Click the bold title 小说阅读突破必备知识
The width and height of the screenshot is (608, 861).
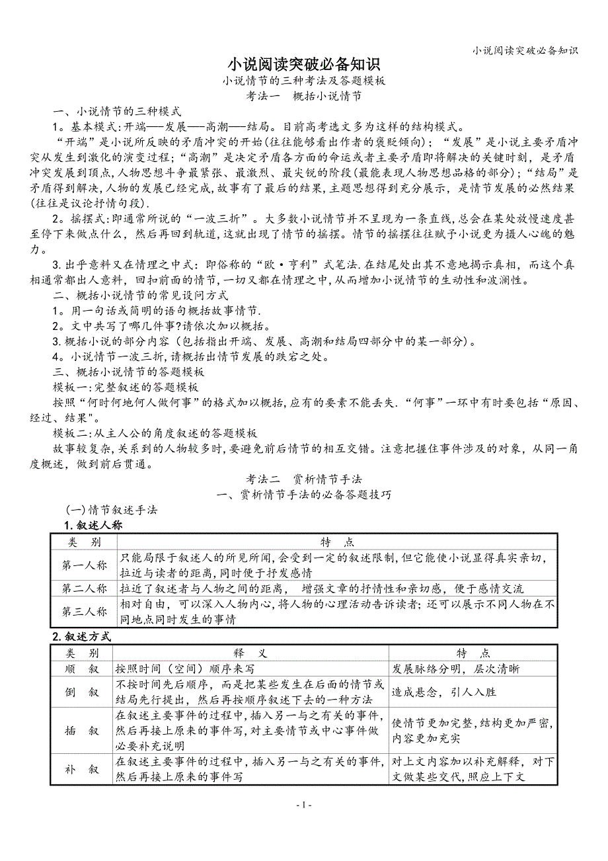point(304,65)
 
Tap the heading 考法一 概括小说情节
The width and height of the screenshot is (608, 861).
point(304,96)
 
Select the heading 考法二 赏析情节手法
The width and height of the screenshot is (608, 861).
point(304,479)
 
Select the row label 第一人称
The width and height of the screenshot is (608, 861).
point(85,565)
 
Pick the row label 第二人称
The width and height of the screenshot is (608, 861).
point(85,589)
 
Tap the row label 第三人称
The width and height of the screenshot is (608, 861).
point(85,612)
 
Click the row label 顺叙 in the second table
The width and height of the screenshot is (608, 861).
point(82,669)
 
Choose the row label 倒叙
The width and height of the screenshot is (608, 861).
point(82,692)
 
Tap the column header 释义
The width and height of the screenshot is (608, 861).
point(250,653)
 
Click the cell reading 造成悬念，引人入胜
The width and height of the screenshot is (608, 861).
point(444,692)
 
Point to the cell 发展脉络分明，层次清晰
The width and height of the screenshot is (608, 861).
point(456,669)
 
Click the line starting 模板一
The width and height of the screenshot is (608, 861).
point(126,387)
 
